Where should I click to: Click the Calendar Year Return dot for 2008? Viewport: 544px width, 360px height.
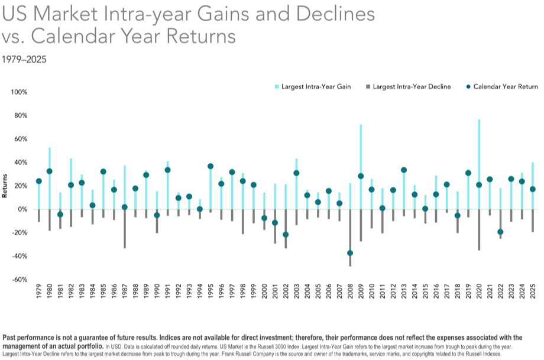350,253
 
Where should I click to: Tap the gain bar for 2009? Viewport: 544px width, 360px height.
361,148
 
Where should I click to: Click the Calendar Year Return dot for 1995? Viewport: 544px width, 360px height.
211,166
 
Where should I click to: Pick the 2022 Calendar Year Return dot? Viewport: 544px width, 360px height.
500,232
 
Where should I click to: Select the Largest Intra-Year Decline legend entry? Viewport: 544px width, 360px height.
408,87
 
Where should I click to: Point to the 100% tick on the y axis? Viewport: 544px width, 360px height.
20,92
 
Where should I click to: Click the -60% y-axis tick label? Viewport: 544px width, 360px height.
20,280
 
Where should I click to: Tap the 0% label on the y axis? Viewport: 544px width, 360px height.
22,209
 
